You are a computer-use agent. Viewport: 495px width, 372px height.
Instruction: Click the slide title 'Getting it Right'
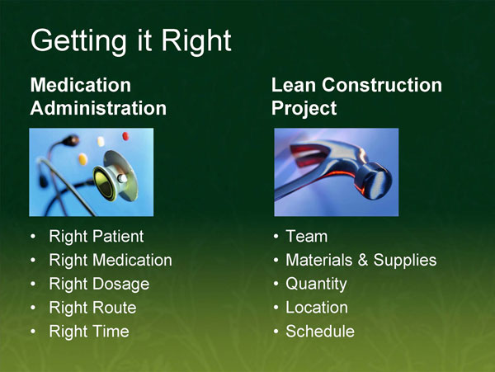[130, 40]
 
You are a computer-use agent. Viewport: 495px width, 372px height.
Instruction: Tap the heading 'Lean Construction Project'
[356, 97]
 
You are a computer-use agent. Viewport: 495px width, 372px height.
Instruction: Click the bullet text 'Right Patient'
[96, 237]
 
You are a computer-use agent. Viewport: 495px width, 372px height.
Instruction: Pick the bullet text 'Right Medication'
[111, 261]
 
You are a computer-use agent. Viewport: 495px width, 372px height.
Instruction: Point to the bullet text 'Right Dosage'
[99, 285]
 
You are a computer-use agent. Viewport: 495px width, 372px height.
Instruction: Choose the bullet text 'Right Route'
[92, 308]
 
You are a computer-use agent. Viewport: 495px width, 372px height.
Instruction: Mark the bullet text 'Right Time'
[88, 332]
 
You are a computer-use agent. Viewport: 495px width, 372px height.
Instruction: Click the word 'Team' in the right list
[306, 237]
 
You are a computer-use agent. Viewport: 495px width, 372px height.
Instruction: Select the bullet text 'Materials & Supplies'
[361, 261]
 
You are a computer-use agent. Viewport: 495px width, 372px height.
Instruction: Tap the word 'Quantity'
[316, 285]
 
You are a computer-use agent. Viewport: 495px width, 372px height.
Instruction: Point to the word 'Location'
[316, 308]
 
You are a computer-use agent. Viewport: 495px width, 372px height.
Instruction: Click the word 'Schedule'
[319, 332]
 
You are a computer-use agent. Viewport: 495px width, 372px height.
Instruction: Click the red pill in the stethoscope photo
[125, 135]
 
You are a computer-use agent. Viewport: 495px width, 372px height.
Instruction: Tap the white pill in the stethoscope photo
[101, 141]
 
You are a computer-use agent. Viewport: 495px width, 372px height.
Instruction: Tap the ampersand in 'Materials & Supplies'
[362, 261]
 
